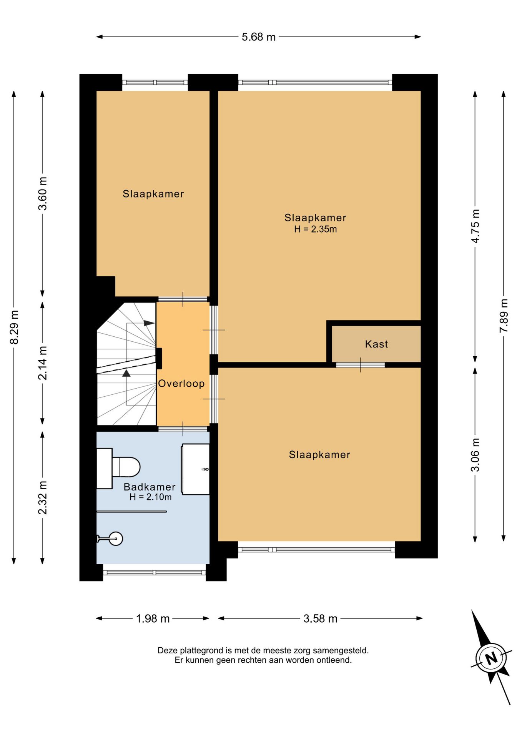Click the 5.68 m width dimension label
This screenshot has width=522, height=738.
[x=259, y=37]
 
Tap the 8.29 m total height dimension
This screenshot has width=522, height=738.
[x=14, y=327]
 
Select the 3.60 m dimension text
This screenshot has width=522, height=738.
[x=43, y=193]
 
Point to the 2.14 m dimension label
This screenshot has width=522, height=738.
[x=43, y=363]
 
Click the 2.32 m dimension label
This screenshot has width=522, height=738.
[x=43, y=497]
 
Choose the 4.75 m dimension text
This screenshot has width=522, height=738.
[x=475, y=226]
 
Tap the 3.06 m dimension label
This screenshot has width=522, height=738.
[x=475, y=455]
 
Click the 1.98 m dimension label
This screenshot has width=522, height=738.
[x=153, y=618]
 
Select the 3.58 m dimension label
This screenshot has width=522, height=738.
[x=320, y=618]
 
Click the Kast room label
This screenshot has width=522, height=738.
[x=376, y=344]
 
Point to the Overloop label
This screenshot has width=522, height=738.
[x=181, y=384]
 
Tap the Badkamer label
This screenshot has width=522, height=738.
[x=150, y=487]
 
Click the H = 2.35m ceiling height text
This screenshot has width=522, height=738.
[x=316, y=229]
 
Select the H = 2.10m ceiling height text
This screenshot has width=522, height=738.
[x=150, y=497]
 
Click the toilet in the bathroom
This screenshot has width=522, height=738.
[x=118, y=468]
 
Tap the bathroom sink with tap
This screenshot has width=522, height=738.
[x=196, y=469]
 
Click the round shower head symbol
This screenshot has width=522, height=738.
[x=116, y=539]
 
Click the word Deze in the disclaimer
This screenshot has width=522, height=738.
[x=168, y=650]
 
